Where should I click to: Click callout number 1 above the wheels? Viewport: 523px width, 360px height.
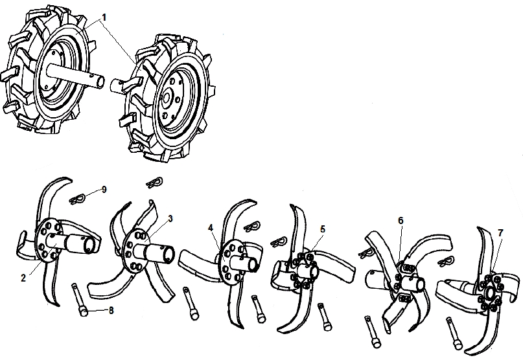pyautogui.click(x=104, y=15)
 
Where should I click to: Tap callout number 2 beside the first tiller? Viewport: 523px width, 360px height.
pyautogui.click(x=23, y=278)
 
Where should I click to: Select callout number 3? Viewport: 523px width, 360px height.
pyautogui.click(x=170, y=218)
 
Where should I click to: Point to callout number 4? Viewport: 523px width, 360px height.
pyautogui.click(x=211, y=227)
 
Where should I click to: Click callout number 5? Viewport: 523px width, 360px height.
pyautogui.click(x=323, y=229)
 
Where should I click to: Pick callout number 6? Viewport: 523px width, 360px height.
pyautogui.click(x=401, y=221)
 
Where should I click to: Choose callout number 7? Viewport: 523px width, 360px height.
pyautogui.click(x=500, y=232)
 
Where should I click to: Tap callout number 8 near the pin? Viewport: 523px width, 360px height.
pyautogui.click(x=111, y=311)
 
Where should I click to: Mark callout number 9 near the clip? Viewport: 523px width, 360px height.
pyautogui.click(x=104, y=190)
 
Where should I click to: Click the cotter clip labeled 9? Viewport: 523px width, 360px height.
pyautogui.click(x=80, y=197)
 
